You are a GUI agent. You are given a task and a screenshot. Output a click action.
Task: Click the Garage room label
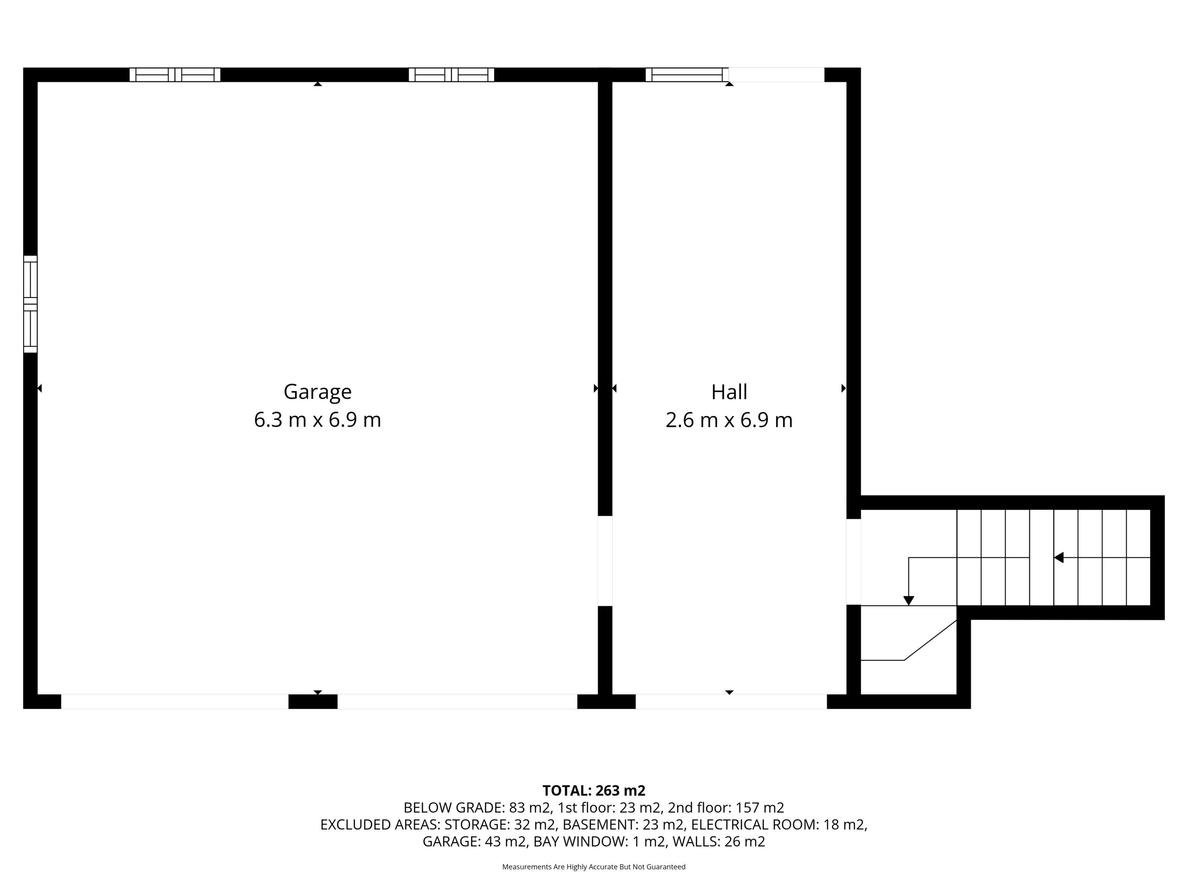tap(317, 392)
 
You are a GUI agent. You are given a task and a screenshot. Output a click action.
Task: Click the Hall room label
tap(729, 392)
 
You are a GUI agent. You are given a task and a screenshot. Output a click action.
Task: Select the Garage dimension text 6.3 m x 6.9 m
tap(317, 420)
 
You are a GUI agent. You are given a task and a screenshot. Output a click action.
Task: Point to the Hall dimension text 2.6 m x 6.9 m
tap(729, 420)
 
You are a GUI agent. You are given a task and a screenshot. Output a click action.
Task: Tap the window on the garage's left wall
tap(30, 304)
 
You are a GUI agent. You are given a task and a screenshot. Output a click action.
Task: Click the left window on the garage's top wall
tap(175, 75)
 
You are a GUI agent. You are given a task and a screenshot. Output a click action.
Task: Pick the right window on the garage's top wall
tap(451, 75)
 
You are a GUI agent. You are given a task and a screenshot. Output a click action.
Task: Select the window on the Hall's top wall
tap(687, 75)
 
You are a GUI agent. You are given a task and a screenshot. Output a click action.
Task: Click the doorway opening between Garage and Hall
tap(605, 561)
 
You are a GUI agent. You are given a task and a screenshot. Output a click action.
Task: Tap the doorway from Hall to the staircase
tap(854, 562)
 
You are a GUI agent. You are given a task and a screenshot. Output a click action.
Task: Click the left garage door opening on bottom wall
tap(174, 701)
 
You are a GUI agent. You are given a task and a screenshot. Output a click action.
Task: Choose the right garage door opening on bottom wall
tap(458, 701)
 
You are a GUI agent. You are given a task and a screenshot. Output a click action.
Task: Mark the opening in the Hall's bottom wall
tap(731, 701)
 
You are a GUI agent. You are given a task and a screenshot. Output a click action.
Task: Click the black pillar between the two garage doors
tap(313, 701)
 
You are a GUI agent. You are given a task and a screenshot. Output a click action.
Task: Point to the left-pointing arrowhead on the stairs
tap(1059, 557)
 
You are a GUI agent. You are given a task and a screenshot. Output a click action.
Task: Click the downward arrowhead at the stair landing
tap(909, 600)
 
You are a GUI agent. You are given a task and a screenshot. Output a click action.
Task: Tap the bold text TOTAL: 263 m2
tap(594, 791)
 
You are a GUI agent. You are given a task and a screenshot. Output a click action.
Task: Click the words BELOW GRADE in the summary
tap(452, 808)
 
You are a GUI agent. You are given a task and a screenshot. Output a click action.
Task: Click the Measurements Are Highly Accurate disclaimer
tap(594, 866)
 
